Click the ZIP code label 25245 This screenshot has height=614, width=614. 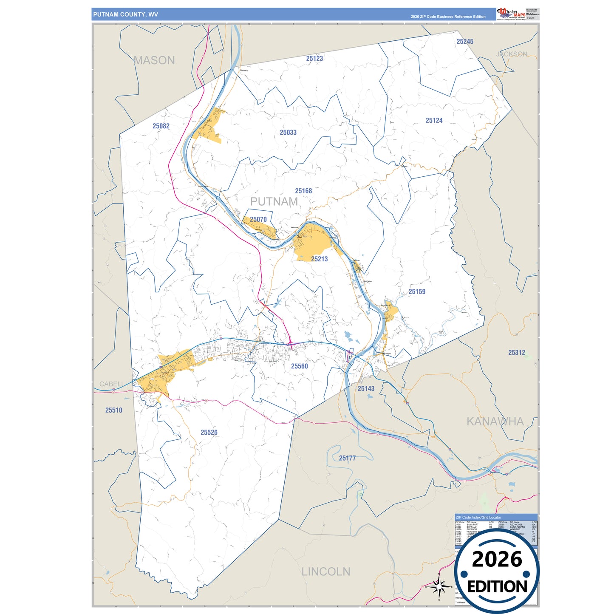[465, 42]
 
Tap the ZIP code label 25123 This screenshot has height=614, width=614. [314, 59]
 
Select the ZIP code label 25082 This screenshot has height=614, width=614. [161, 126]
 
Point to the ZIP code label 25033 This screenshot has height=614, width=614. [288, 133]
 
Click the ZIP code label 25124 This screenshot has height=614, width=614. [434, 121]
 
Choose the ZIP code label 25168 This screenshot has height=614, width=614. [303, 191]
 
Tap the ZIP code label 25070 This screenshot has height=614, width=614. [258, 220]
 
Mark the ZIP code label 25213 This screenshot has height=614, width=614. [319, 259]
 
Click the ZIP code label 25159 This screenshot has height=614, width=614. [417, 292]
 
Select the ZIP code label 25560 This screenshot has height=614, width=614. [300, 366]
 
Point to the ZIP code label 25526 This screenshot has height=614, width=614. [209, 433]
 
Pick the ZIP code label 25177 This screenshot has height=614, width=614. [347, 458]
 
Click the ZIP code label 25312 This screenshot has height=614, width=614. [517, 353]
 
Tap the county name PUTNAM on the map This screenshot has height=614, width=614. [274, 202]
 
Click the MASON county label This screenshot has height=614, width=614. [154, 60]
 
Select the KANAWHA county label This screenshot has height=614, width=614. [495, 422]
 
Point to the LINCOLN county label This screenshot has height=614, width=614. [326, 572]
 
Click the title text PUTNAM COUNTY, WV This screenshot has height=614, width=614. [126, 14]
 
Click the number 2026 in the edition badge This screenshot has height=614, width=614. [497, 559]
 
